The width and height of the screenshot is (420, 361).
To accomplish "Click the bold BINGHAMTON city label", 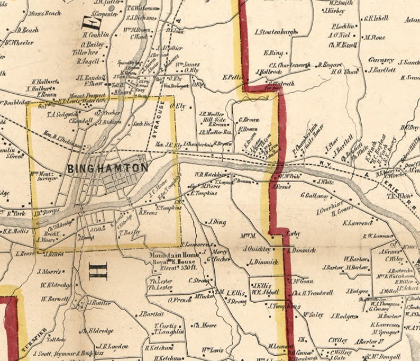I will (107, 168).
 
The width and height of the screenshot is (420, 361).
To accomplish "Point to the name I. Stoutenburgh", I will (275, 32).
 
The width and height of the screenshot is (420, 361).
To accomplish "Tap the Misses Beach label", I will (45, 13).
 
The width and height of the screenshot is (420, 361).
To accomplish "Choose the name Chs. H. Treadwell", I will (312, 292).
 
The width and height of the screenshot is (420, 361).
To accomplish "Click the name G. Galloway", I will (314, 195).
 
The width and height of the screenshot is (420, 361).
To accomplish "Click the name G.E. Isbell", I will (376, 18).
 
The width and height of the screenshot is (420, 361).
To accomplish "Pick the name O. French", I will (179, 300).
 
